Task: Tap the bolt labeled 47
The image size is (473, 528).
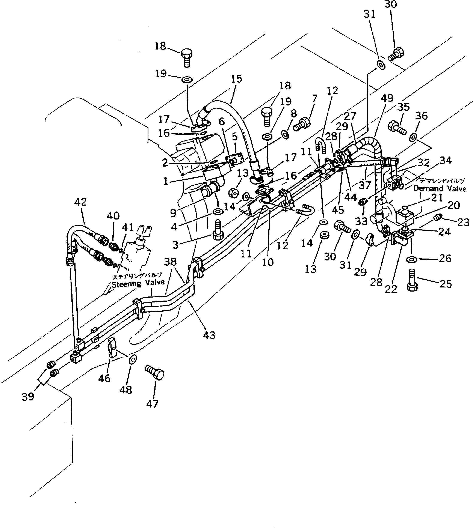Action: pyautogui.click(x=155, y=372)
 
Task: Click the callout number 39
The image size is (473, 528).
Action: pyautogui.click(x=28, y=397)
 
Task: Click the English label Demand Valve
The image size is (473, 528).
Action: pyautogui.click(x=440, y=188)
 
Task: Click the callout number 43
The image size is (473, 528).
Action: pyautogui.click(x=209, y=335)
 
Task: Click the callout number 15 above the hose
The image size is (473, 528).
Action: pyautogui.click(x=236, y=79)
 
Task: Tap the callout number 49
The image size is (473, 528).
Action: pyautogui.click(x=387, y=98)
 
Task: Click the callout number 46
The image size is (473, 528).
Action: pyautogui.click(x=104, y=378)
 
